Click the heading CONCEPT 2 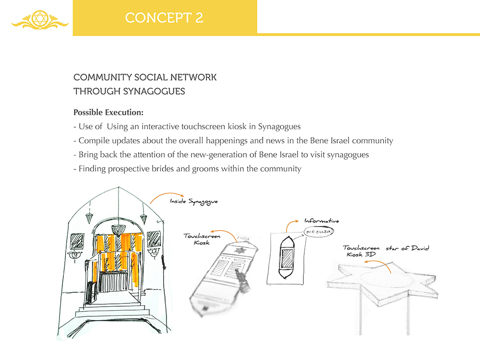click(x=164, y=18)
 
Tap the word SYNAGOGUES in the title click(x=156, y=91)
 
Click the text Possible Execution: click(x=108, y=113)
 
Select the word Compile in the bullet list click(x=93, y=141)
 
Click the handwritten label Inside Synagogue click(x=194, y=202)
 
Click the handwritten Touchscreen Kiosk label click(x=202, y=239)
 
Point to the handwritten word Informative click(x=322, y=221)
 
